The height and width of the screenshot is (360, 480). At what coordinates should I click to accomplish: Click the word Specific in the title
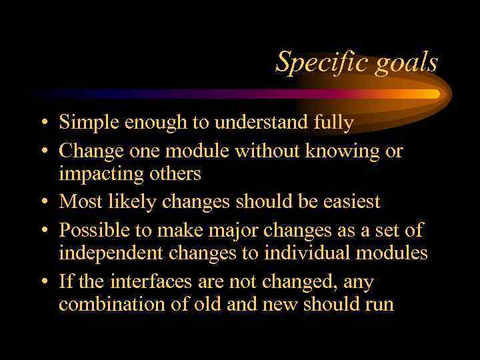coord(311,62)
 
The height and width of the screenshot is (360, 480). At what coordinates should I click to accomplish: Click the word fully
coord(331,123)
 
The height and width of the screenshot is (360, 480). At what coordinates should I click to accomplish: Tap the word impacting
coord(103,174)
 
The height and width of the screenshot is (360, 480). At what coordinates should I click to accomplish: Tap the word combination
coord(109,305)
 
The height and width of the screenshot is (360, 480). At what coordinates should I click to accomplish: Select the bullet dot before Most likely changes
coord(43,202)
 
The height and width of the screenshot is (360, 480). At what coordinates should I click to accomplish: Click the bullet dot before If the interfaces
coord(43,282)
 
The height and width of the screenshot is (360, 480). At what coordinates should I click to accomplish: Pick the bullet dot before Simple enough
coord(43,123)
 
